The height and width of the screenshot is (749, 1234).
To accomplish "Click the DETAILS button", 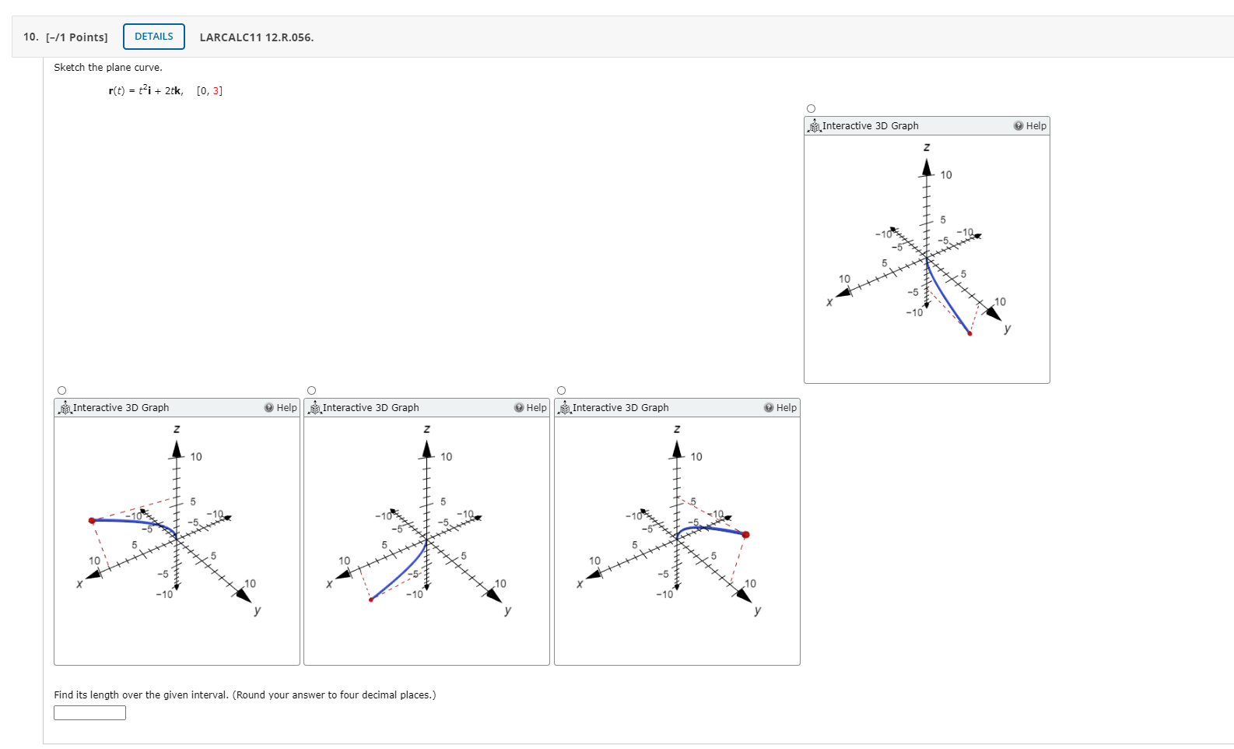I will click(153, 37).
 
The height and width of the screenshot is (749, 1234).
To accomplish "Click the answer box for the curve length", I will click(89, 712).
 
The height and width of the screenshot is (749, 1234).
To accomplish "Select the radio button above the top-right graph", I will click(811, 109).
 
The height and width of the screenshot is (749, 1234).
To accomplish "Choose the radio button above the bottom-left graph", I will click(61, 391).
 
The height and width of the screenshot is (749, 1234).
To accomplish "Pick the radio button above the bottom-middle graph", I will click(311, 391).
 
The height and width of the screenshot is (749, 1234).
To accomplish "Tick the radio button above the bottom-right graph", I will click(561, 391).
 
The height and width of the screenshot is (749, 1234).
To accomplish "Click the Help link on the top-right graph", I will click(1030, 126).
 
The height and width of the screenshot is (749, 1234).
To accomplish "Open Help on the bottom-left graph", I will click(281, 408).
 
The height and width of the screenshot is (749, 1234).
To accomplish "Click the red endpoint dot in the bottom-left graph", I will click(92, 520).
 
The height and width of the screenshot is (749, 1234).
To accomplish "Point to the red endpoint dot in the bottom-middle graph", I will click(371, 600).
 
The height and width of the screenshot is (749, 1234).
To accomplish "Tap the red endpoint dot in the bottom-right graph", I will click(745, 535).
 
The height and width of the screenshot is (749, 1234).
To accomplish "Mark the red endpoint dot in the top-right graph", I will click(969, 333).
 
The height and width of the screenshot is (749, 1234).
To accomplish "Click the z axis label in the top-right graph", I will click(926, 147).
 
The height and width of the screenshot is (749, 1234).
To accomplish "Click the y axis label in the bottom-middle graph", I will click(507, 610).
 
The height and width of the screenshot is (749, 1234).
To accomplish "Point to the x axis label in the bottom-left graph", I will click(79, 584).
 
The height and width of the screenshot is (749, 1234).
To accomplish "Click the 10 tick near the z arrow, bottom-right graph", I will click(696, 457).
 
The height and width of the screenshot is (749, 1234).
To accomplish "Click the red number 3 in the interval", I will click(216, 91).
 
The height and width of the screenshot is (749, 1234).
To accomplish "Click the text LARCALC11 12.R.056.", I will click(256, 37).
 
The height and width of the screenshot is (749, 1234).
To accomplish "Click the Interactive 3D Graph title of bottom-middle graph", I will click(370, 408).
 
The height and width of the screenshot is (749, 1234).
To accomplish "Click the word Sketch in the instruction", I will click(68, 68).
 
